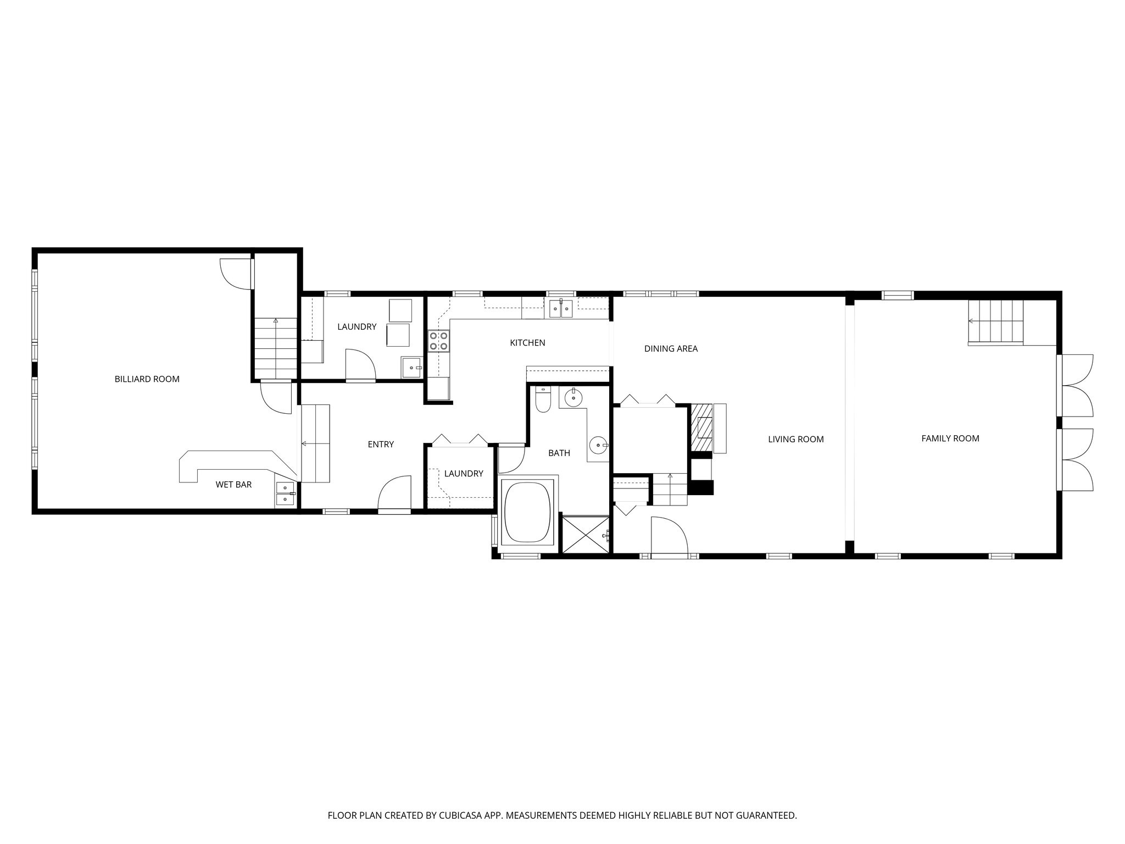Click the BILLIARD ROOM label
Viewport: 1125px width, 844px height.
click(147, 379)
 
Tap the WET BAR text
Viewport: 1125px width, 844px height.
click(233, 485)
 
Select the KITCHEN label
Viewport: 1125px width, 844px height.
click(527, 343)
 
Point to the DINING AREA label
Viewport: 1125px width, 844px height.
click(671, 349)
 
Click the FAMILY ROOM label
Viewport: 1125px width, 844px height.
click(950, 438)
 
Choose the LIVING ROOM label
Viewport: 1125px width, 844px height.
click(795, 439)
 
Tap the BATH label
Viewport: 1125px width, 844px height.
click(559, 453)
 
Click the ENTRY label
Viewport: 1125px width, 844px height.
click(381, 445)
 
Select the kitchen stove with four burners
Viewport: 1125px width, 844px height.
click(439, 341)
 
